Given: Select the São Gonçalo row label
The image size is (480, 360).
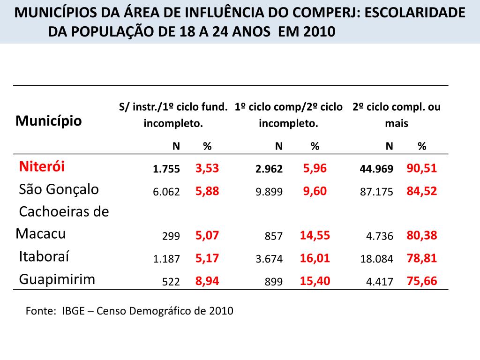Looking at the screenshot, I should pos(59,189).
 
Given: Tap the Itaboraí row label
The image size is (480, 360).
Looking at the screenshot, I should pos(44,257).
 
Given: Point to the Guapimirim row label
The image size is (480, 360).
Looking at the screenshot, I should pos(57,279).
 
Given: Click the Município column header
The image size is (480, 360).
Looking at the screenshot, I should pos(49,121).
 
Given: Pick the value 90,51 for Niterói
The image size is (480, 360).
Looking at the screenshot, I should pos(422,168).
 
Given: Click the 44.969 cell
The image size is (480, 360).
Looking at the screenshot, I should pos(376,169).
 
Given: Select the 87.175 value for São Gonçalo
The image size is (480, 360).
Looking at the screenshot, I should pos(376,192).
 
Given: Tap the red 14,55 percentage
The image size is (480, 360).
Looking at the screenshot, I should pos(315,235).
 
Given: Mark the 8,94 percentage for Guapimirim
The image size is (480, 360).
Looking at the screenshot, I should pos(207,281).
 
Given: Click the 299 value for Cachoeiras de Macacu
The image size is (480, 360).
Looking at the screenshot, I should pos(171,237).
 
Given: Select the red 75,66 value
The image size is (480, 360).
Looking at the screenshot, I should pos(422,281).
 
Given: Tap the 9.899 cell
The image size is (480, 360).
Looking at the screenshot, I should pos(269,192).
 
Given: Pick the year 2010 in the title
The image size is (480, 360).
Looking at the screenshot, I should pos(320,32).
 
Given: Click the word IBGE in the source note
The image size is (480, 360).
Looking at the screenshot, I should pos(73,311).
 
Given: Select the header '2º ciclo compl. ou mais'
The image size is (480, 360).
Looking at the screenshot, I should pos(397,115).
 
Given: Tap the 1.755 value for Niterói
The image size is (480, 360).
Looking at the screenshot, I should pos(166,169).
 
